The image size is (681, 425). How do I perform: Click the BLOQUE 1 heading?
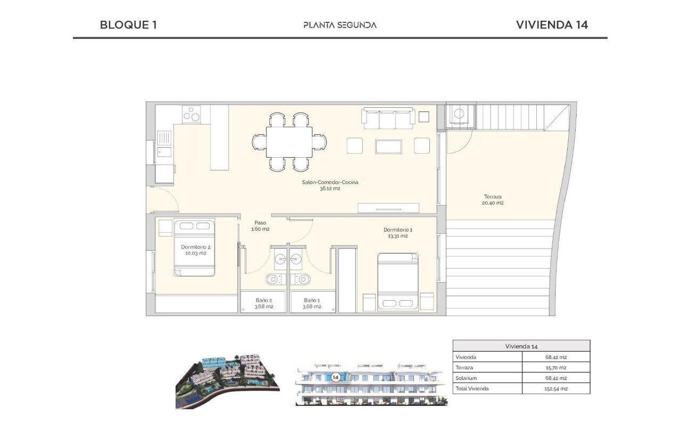coord(128,25)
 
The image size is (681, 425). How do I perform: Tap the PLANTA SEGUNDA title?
coord(340,25)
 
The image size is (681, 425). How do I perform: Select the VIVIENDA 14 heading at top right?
coord(552,25)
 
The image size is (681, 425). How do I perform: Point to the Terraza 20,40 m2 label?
coord(493,200)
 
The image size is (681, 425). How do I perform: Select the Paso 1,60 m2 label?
coord(260,226)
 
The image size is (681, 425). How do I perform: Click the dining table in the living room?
coord(289,142)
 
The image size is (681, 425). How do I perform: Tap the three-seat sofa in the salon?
coord(388,118)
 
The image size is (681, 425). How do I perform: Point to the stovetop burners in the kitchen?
coord(191,114)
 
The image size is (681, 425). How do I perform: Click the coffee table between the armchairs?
coord(388,147)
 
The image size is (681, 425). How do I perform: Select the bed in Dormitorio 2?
coord(194,248)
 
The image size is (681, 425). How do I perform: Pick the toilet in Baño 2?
coord(276,279)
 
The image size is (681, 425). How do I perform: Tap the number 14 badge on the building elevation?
coord(335,377)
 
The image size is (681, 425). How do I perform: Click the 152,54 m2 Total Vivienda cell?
coord(556,388)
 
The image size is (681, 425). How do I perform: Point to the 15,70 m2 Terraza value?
coord(556,368)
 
